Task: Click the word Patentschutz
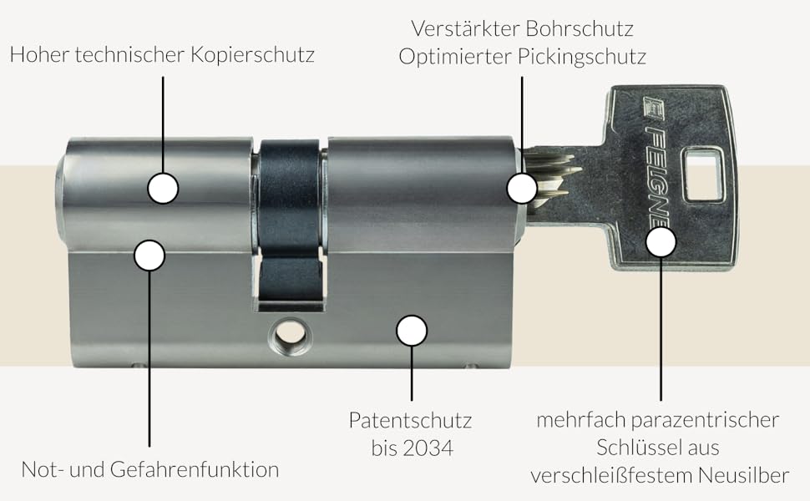tap(411, 419)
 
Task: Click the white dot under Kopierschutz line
tap(163, 188)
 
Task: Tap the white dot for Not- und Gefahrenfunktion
tap(149, 255)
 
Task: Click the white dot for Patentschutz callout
tap(412, 331)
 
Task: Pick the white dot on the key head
tap(661, 242)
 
